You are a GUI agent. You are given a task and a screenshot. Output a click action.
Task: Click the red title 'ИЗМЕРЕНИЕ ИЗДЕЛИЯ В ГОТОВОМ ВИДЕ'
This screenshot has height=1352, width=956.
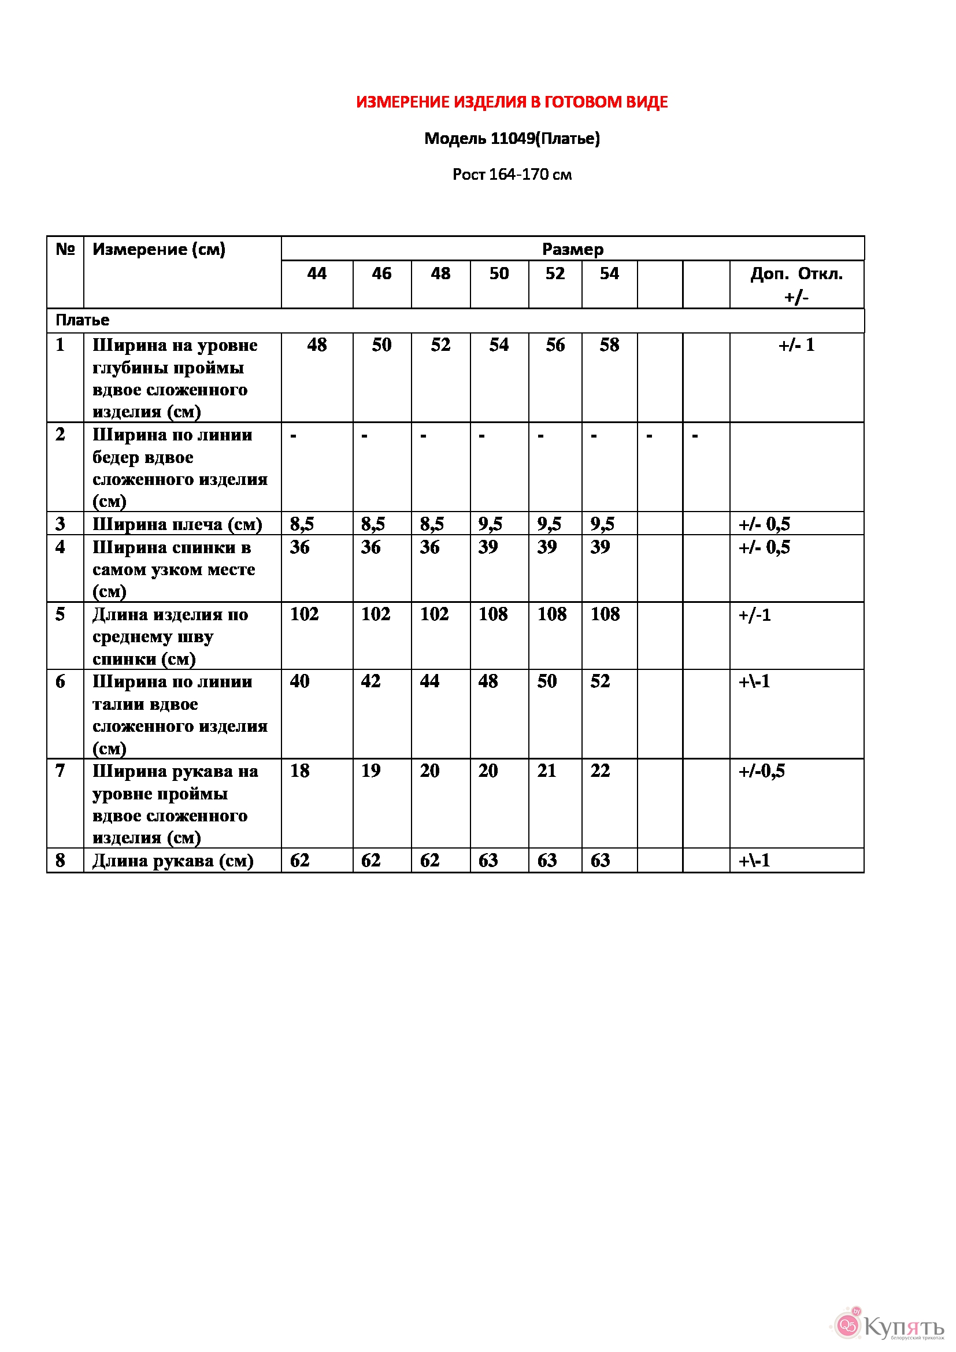point(512,102)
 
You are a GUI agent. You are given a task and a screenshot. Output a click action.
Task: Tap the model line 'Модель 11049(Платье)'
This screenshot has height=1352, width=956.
point(512,138)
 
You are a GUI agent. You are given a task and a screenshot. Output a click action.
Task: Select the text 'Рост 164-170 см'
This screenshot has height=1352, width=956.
point(512,175)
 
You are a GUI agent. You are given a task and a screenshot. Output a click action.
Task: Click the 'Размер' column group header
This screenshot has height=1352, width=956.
point(572,249)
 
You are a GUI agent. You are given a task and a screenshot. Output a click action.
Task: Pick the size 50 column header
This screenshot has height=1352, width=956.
point(499,273)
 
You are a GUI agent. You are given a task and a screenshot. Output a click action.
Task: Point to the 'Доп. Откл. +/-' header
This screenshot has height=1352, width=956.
point(796,284)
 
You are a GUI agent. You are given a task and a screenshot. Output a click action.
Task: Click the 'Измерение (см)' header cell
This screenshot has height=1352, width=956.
point(159,249)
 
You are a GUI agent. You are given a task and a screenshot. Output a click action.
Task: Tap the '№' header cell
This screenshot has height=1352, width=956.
point(65,249)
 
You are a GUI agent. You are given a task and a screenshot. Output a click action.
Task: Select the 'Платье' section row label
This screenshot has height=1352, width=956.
point(83,320)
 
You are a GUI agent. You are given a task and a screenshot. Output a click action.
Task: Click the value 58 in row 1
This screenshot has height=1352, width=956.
point(609,345)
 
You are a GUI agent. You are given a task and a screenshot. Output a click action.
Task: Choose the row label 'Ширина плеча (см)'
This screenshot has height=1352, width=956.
point(177,524)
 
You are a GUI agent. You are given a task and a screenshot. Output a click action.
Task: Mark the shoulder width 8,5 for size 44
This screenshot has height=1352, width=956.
point(302,524)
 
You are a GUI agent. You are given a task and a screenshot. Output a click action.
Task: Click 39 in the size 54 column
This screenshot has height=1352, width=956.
point(600,547)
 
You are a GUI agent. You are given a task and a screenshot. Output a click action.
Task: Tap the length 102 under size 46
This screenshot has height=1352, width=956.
point(376,614)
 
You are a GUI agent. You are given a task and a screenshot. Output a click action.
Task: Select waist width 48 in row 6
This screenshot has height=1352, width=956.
point(488,681)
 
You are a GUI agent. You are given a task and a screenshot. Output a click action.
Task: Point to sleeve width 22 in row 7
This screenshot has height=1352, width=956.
point(600,771)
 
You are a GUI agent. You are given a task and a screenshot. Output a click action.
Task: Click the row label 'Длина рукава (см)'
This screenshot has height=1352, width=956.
point(173,860)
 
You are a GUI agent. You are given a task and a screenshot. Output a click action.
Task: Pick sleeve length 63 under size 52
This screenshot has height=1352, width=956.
point(547,860)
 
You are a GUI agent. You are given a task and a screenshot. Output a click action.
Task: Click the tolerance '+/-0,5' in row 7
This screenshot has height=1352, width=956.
point(761,771)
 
